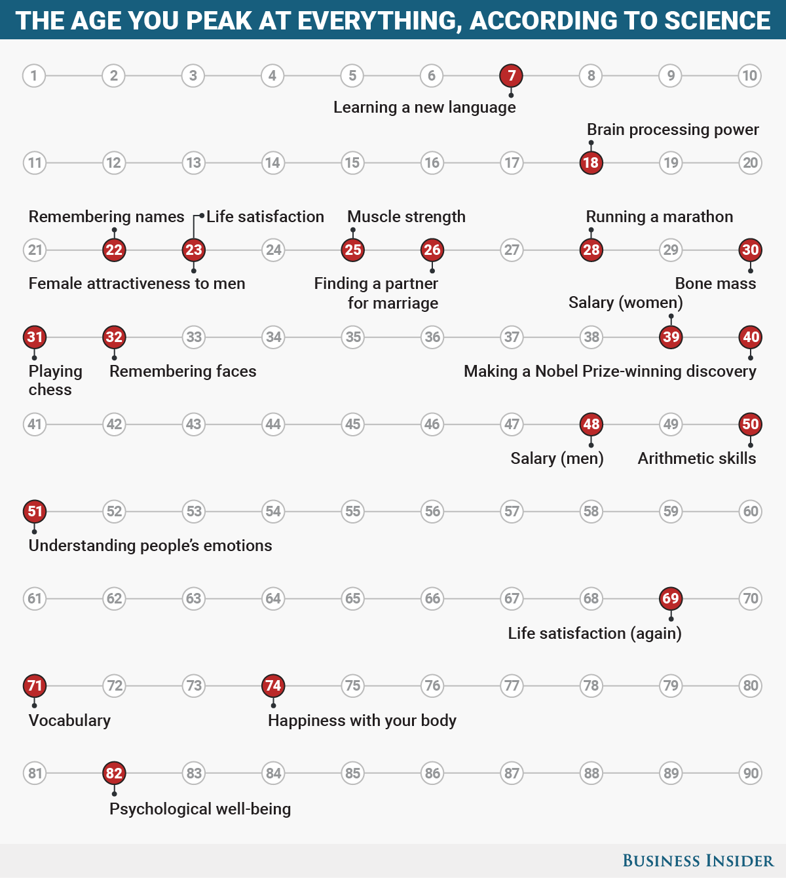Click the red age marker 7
(512, 75)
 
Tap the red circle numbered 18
(591, 162)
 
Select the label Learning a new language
(424, 107)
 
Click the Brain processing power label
(673, 130)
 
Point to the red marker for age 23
(193, 250)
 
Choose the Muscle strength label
(406, 217)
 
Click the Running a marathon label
(659, 217)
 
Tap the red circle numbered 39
(671, 337)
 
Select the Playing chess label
(55, 380)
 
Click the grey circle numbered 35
(353, 337)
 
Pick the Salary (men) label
(557, 459)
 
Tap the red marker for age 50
(750, 424)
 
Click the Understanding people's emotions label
(150, 546)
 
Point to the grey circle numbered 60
(750, 511)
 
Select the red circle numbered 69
(671, 598)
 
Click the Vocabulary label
(69, 721)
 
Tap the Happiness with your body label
(362, 721)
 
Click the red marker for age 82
(114, 773)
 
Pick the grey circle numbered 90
(750, 773)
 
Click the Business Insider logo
(698, 861)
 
